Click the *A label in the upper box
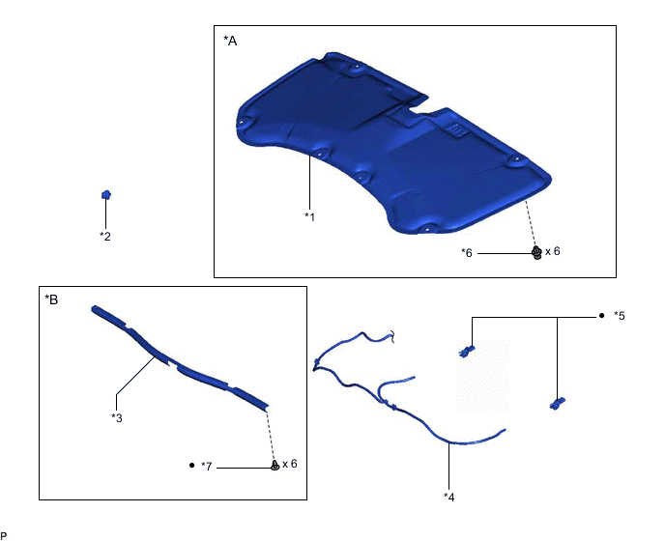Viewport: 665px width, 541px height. (x=230, y=41)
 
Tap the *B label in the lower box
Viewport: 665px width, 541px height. (x=51, y=299)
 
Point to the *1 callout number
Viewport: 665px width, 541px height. (x=309, y=216)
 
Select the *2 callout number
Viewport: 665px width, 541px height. (x=105, y=236)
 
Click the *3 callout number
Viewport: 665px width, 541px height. (x=117, y=417)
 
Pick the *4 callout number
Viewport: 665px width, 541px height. (x=449, y=497)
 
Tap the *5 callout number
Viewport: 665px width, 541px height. (x=620, y=316)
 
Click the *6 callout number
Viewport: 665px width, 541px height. (x=467, y=253)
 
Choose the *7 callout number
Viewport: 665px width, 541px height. (x=207, y=467)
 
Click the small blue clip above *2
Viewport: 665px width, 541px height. (x=106, y=194)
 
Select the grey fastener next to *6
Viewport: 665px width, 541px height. (x=536, y=253)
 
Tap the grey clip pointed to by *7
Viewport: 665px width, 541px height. (x=275, y=466)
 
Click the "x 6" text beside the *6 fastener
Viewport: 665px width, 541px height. (x=553, y=251)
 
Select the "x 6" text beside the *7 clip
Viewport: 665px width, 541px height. (x=290, y=464)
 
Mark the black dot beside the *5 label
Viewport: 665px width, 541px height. (x=601, y=316)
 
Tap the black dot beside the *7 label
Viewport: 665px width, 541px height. (x=191, y=465)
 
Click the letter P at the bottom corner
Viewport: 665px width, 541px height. (x=4, y=536)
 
